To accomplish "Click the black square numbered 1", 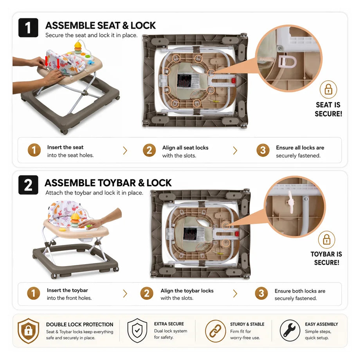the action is pyautogui.click(x=28, y=27).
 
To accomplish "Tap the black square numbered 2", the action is pyautogui.click(x=28, y=185).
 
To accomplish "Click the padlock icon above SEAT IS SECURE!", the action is pyautogui.click(x=328, y=89).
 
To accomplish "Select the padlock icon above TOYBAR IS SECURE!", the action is pyautogui.click(x=326, y=240).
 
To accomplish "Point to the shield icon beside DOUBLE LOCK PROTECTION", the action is pyautogui.click(x=29, y=331).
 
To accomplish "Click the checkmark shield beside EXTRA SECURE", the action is pyautogui.click(x=137, y=330).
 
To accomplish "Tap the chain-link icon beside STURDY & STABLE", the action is pyautogui.click(x=215, y=331).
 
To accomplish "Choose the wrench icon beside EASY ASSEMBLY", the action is pyautogui.click(x=290, y=331).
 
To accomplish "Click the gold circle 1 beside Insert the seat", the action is pyautogui.click(x=34, y=150).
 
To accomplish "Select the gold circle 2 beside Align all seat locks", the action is pyautogui.click(x=149, y=150).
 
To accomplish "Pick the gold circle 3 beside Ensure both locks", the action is pyautogui.click(x=261, y=293).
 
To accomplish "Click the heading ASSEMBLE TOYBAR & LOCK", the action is pyautogui.click(x=108, y=183).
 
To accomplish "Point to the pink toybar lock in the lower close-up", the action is pyautogui.click(x=290, y=202).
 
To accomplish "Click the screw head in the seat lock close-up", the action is pyautogui.click(x=280, y=49).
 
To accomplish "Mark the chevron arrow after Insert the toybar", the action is pyautogui.click(x=125, y=293).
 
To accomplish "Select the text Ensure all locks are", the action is pyautogui.click(x=300, y=148).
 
